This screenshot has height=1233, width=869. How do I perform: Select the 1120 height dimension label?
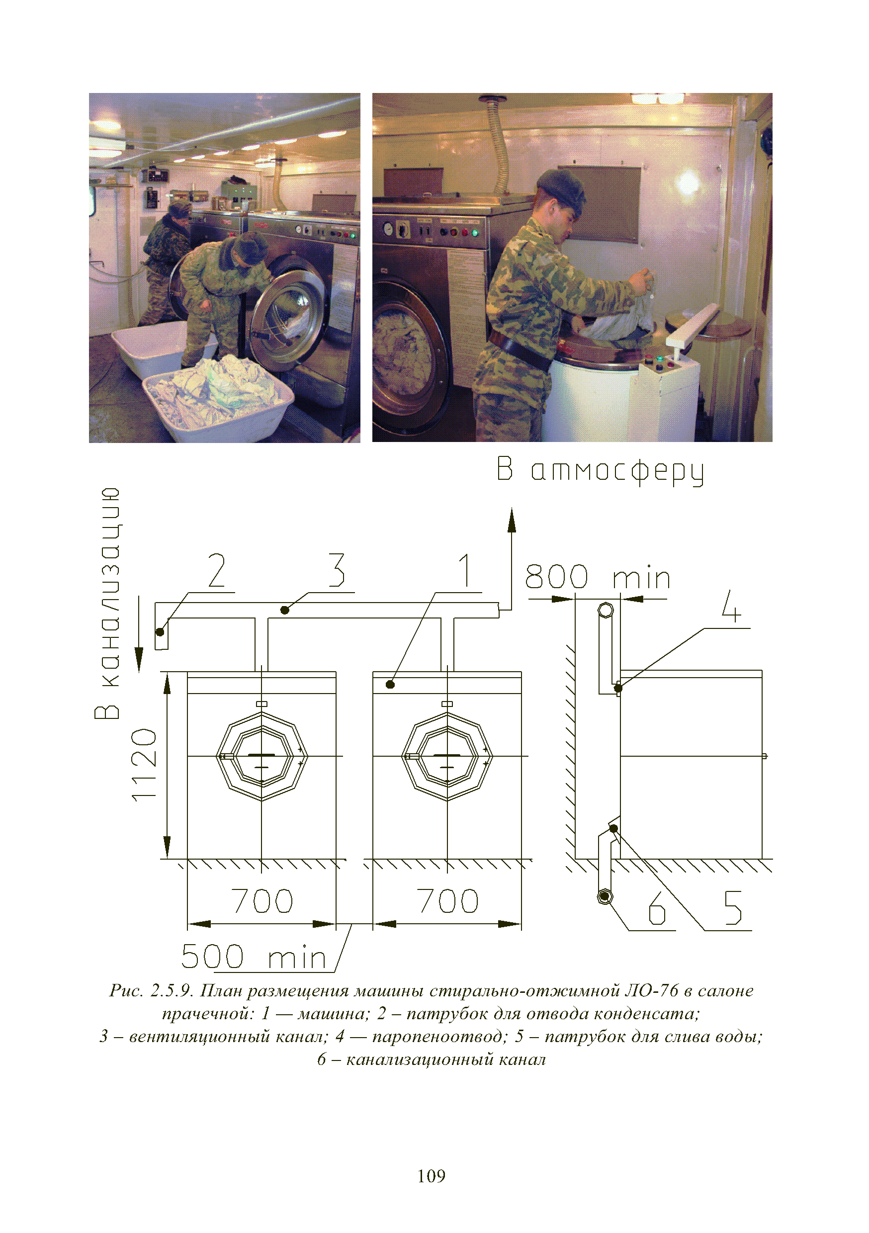click(145, 765)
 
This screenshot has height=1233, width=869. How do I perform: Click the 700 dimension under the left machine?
click(262, 900)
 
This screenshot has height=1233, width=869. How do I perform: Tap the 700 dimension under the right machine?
click(447, 900)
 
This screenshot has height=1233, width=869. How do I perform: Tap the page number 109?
click(432, 1176)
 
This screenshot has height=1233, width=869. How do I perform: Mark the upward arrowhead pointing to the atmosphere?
click(512, 521)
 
